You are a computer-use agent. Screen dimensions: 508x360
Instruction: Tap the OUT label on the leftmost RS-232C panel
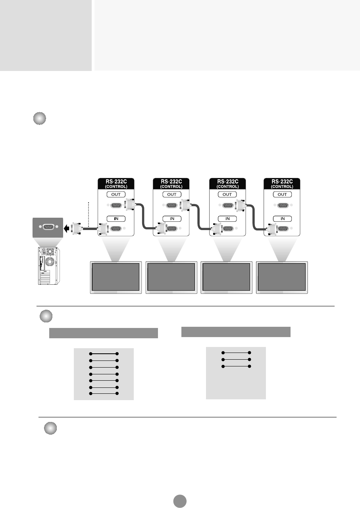pos(116,194)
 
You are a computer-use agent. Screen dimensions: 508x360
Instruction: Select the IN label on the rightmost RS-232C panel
pos(282,219)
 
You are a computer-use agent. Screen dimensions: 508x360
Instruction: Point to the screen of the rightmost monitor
pos(282,277)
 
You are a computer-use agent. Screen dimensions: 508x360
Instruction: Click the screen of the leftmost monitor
pos(116,277)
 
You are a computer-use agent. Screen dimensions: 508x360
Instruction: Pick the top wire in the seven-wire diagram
pos(104,353)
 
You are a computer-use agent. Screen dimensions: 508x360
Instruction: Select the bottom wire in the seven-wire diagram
pos(104,393)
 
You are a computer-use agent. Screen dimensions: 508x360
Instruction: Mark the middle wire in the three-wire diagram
pos(236,359)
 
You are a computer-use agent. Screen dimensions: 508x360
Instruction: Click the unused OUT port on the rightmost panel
pos(282,205)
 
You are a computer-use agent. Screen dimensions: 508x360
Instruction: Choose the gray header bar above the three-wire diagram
pos(236,332)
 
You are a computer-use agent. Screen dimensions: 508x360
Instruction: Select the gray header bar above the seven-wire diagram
pos(104,333)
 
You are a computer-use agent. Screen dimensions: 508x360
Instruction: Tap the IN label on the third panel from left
pos(227,219)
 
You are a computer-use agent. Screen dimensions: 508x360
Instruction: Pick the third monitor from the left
pos(227,277)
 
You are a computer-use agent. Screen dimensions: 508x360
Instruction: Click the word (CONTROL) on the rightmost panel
pos(282,186)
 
